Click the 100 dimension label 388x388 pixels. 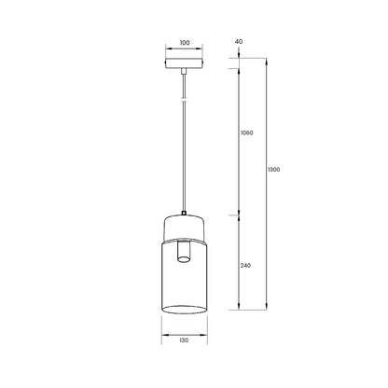click(185, 43)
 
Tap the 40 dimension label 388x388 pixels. click(239, 41)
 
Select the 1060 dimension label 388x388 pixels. click(247, 132)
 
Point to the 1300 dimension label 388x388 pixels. click(273, 170)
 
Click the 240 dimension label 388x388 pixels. click(245, 266)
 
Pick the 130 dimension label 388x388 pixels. click(184, 340)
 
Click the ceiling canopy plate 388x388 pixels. click(184, 63)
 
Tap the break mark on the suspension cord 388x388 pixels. click(184, 100)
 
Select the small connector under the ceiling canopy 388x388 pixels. click(184, 72)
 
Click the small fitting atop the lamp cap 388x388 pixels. click(184, 214)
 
